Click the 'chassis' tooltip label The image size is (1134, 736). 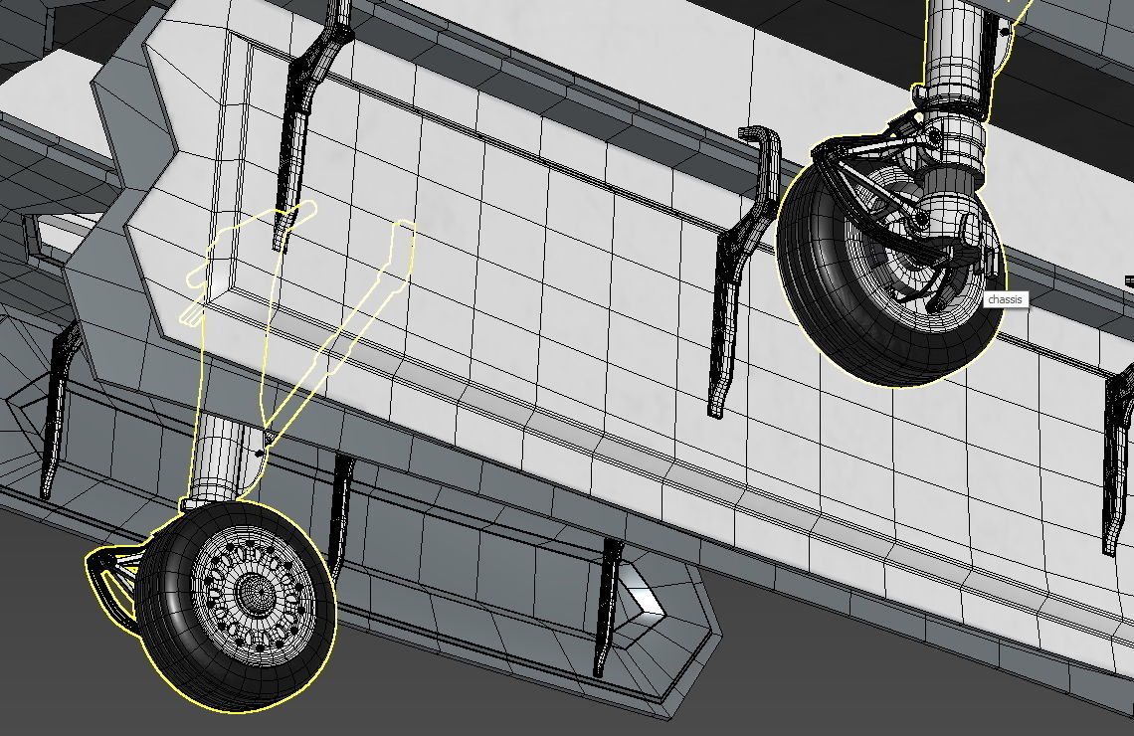[1006, 299]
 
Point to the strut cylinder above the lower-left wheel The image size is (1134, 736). [221, 457]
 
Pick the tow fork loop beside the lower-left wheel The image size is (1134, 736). [108, 582]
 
